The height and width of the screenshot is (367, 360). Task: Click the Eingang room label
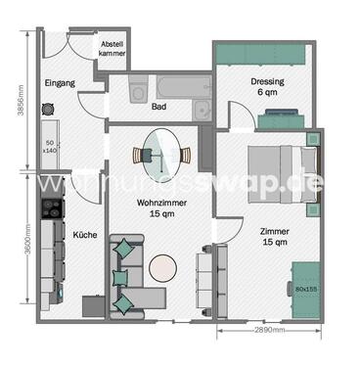pyautogui.click(x=60, y=84)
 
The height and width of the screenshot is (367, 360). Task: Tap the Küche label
pyautogui.click(x=82, y=235)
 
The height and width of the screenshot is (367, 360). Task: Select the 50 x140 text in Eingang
pyautogui.click(x=50, y=148)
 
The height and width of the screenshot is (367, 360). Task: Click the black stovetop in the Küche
pyautogui.click(x=49, y=207)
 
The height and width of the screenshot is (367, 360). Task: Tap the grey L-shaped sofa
pyautogui.click(x=132, y=279)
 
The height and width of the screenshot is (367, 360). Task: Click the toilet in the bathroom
pyautogui.click(x=138, y=94)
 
